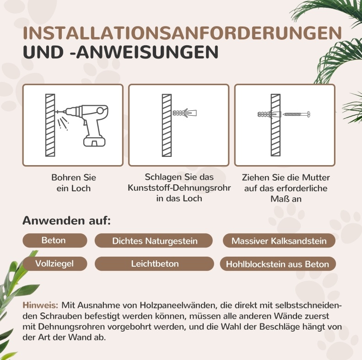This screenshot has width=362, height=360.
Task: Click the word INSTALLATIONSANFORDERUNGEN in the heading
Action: click(x=182, y=33)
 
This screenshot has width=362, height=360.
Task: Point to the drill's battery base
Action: click(x=94, y=141)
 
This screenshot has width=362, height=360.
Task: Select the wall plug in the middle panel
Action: click(x=185, y=113)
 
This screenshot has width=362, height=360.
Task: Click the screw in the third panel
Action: click(x=297, y=114)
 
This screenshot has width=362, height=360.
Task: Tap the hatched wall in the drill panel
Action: click(x=50, y=125)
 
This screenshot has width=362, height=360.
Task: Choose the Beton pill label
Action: click(x=55, y=240)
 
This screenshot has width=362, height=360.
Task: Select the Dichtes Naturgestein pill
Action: click(x=154, y=241)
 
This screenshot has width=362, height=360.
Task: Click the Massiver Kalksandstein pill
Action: click(x=279, y=241)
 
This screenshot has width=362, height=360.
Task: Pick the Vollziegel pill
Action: click(x=55, y=263)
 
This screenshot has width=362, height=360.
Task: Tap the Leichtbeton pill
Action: click(x=154, y=263)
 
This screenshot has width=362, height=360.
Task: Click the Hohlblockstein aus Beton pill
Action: click(x=278, y=263)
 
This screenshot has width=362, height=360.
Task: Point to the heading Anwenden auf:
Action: click(x=66, y=220)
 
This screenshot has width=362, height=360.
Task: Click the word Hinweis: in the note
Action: click(x=40, y=305)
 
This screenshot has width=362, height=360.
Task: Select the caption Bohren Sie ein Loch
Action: click(x=73, y=183)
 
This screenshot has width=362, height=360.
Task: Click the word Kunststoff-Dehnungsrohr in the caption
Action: click(x=179, y=188)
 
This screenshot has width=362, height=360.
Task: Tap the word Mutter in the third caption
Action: click(x=316, y=177)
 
